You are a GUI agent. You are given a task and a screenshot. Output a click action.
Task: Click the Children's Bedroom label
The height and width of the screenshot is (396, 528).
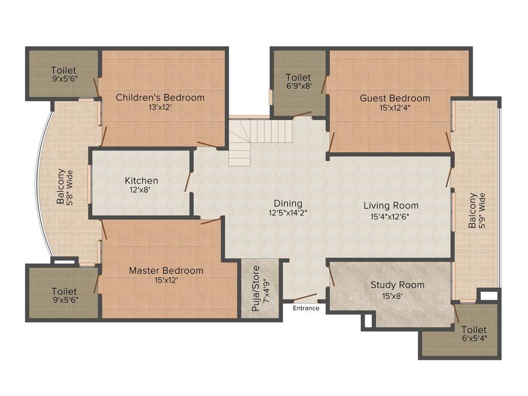[x=160, y=97]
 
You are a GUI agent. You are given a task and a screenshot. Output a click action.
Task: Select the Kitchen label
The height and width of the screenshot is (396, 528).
[x=141, y=181]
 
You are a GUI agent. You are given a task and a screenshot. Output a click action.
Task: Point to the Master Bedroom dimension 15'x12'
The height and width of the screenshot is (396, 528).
[x=166, y=280]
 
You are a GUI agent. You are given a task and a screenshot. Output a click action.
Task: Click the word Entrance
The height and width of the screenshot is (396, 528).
[x=306, y=308]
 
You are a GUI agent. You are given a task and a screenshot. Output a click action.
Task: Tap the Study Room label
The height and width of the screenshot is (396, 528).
[x=397, y=285]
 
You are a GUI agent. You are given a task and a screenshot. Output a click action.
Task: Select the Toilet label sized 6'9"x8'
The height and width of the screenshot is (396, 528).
[x=299, y=78]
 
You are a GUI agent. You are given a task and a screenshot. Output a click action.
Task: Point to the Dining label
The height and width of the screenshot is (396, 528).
[x=288, y=203]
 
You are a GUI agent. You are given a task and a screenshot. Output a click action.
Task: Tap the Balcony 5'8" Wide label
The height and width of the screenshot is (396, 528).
[x=61, y=186]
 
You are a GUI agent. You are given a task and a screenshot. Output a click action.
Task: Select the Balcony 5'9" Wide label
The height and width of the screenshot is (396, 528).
[x=473, y=210]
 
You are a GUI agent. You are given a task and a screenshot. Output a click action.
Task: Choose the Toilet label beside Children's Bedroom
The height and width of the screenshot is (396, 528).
[x=63, y=70]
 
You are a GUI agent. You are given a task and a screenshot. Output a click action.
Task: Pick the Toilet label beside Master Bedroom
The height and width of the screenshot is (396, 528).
[x=64, y=292]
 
